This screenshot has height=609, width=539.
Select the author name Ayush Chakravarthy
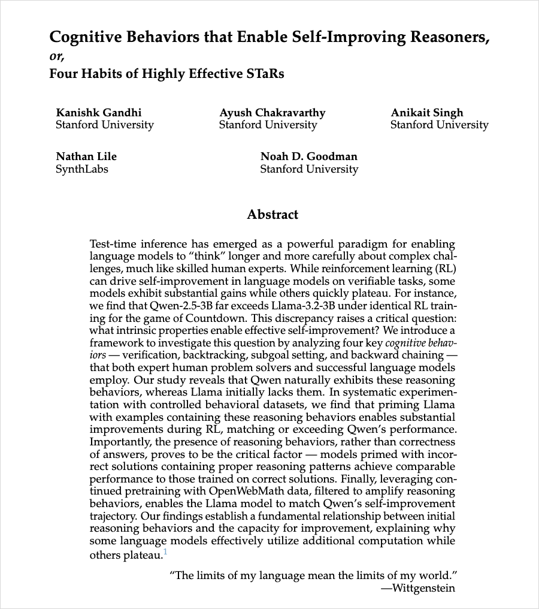(x=272, y=113)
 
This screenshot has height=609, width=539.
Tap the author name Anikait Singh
(x=426, y=113)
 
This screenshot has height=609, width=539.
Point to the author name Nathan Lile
(x=86, y=156)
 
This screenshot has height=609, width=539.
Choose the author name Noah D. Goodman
(x=308, y=156)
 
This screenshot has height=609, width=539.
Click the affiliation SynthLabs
(x=82, y=169)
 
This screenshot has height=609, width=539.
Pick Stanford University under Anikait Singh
(x=439, y=125)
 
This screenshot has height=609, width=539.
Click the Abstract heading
(x=272, y=215)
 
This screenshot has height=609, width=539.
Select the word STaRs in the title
(x=265, y=74)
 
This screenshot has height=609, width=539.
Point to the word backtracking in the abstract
(x=213, y=355)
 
